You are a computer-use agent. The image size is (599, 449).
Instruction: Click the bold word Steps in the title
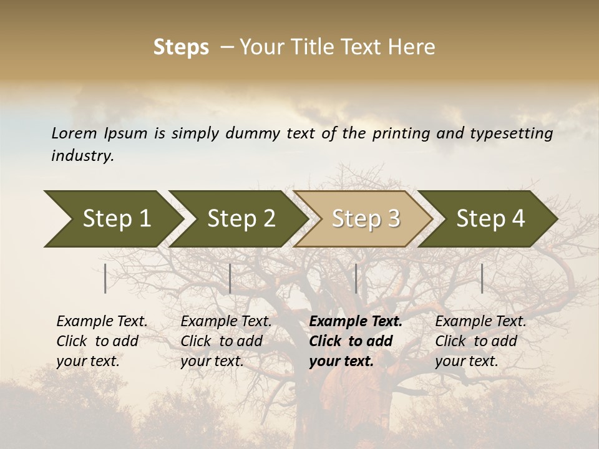[x=181, y=47]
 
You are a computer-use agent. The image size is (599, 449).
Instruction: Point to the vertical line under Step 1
[x=105, y=278]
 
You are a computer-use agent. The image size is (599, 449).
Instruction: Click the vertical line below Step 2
[x=230, y=278]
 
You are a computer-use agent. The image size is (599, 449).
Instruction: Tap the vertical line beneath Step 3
[x=356, y=278]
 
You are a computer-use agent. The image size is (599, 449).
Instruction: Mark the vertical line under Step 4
[x=482, y=278]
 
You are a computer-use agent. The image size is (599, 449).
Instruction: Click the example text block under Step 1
[x=102, y=341]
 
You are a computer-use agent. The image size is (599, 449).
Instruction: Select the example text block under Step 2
[x=226, y=341]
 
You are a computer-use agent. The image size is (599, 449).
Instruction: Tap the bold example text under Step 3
[x=356, y=341]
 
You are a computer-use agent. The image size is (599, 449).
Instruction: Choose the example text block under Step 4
[x=480, y=341]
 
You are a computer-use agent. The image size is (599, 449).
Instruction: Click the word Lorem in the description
[x=74, y=133]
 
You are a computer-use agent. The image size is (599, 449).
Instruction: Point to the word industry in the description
[x=82, y=155]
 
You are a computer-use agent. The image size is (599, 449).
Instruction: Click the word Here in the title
[x=411, y=47]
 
